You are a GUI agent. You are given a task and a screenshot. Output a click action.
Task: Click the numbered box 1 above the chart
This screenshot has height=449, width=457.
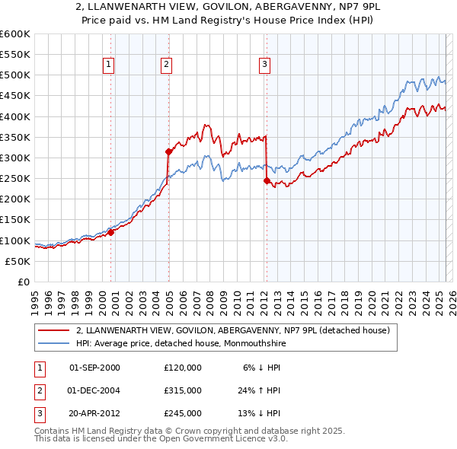click(x=110, y=65)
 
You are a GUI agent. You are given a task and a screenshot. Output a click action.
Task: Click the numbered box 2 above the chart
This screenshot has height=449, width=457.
click(x=166, y=65)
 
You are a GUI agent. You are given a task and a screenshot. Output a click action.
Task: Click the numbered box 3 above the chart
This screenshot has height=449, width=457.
click(x=265, y=65)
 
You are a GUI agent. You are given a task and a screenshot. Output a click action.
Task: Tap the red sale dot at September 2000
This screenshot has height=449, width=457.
click(x=110, y=233)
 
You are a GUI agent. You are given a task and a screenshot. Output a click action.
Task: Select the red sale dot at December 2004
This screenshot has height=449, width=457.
click(x=168, y=151)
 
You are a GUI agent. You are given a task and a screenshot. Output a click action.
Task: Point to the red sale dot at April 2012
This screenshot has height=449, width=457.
click(x=267, y=180)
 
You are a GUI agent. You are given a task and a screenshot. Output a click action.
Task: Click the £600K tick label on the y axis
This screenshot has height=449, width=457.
click(x=15, y=34)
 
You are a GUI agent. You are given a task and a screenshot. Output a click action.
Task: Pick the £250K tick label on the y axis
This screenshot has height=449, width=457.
click(x=15, y=179)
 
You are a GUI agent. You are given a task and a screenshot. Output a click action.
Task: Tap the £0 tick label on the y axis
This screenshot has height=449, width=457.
click(x=24, y=282)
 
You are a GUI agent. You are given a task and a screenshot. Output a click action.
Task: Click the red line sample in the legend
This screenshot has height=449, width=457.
click(x=55, y=330)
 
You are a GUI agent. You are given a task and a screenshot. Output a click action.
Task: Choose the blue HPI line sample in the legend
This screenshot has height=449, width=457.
click(x=55, y=343)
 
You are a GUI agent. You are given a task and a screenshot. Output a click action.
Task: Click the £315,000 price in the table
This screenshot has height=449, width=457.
click(x=183, y=390)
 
